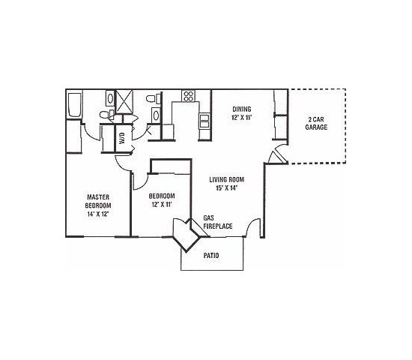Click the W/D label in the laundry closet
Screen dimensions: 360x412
coord(121,138)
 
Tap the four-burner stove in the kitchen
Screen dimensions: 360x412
coord(189,96)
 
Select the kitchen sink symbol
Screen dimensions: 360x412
coord(203,121)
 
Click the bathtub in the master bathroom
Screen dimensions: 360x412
coord(73,106)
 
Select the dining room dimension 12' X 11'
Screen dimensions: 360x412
coord(240,118)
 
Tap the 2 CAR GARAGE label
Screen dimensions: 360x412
coord(316,123)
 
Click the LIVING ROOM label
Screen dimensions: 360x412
coord(227,181)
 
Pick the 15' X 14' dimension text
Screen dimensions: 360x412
coord(227,189)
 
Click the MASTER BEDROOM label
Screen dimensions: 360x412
coord(98,200)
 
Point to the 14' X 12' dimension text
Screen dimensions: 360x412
coord(98,213)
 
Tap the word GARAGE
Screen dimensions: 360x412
coord(316,127)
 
